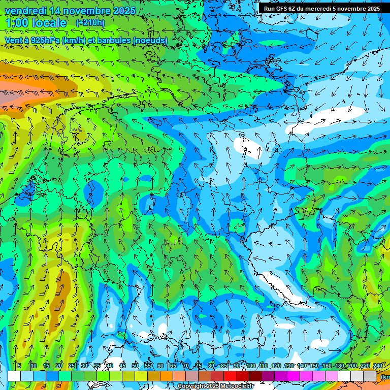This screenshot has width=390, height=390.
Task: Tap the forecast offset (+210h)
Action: coord(90,23)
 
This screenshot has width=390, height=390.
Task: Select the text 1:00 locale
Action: coord(36,23)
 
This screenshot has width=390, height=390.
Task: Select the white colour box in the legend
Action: coord(14,376)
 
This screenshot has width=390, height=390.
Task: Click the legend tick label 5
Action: coord(19,366)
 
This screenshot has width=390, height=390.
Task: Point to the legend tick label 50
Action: coord(135,366)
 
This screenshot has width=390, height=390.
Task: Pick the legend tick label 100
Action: coord(250,366)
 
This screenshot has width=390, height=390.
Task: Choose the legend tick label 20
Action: coord(59,366)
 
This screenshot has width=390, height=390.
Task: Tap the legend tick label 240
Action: coord(377,366)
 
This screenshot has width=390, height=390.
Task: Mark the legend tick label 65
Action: coord(173,366)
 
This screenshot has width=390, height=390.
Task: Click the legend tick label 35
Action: coord(97,366)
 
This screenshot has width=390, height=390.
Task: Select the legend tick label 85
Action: coord(224,366)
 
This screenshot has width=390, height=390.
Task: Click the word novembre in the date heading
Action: coord(82,11)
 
